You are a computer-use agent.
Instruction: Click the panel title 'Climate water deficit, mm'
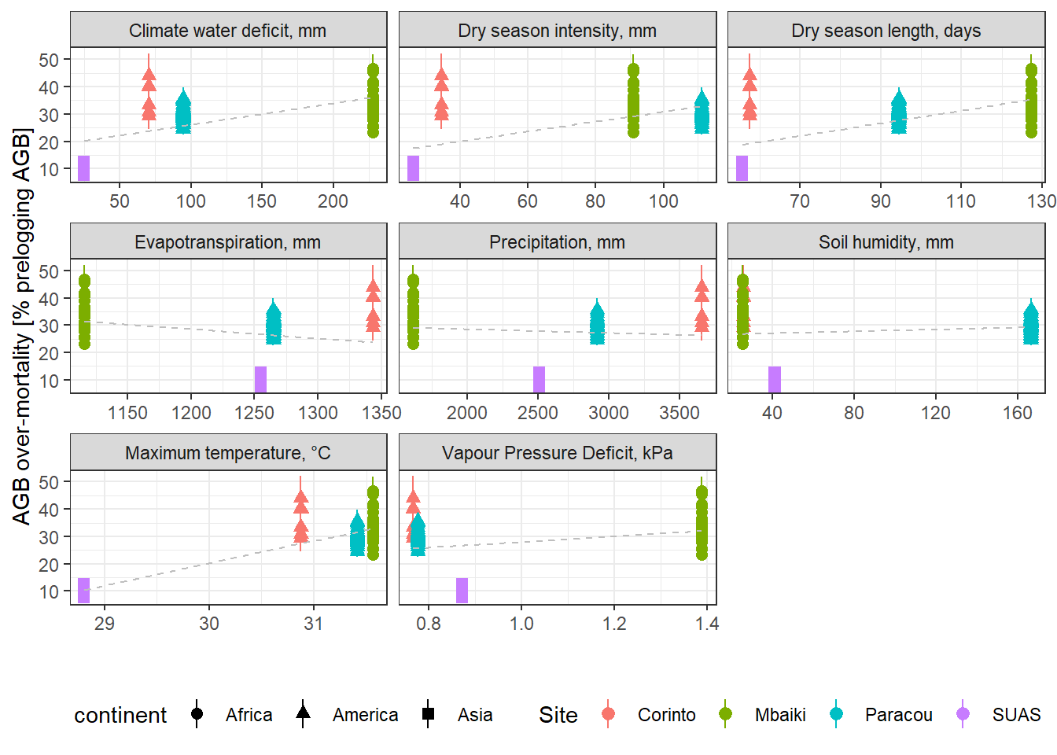227,31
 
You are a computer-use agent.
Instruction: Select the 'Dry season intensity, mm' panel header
557,31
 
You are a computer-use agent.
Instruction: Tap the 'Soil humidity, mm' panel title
886,242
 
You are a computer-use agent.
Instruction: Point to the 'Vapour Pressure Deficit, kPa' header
557,453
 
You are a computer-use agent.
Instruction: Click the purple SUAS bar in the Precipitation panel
539,379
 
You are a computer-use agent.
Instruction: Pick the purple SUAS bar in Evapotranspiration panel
260,379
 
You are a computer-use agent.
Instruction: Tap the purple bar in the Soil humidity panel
775,379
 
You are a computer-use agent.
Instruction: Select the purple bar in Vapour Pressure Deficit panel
462,590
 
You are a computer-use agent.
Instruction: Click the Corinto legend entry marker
608,714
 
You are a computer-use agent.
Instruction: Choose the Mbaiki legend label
780,715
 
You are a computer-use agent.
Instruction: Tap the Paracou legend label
898,715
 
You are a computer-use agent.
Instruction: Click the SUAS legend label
1016,715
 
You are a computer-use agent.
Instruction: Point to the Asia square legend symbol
428,714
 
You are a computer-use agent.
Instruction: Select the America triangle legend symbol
303,713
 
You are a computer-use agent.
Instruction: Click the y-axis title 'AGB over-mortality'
22,326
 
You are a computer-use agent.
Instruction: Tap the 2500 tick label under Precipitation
537,413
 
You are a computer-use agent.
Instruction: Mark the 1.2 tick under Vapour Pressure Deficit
614,624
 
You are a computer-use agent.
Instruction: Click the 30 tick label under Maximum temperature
209,624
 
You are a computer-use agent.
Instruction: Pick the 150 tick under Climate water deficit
261,201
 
